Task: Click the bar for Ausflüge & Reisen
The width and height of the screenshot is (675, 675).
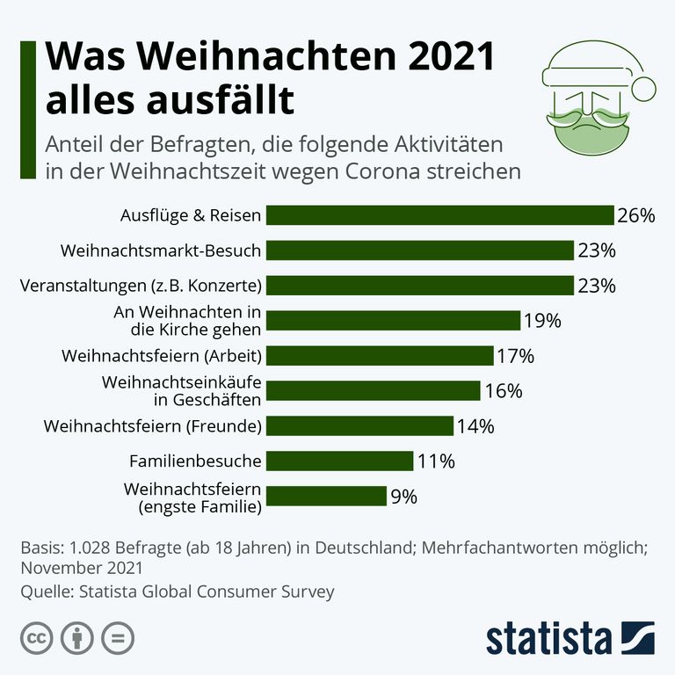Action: click(x=439, y=215)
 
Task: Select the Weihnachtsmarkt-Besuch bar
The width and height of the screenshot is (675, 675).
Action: click(x=419, y=250)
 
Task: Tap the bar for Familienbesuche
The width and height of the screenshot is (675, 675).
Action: click(x=339, y=461)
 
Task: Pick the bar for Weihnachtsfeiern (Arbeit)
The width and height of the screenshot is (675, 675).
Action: click(x=379, y=355)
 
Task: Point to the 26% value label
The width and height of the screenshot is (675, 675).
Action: click(x=636, y=215)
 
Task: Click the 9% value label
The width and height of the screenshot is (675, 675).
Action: click(x=403, y=497)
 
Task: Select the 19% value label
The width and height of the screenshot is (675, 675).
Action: click(x=541, y=321)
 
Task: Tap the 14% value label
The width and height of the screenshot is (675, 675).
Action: click(x=475, y=426)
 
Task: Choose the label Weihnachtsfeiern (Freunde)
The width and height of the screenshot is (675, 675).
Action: click(x=153, y=426)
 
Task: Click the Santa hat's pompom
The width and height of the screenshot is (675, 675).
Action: click(x=644, y=88)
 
